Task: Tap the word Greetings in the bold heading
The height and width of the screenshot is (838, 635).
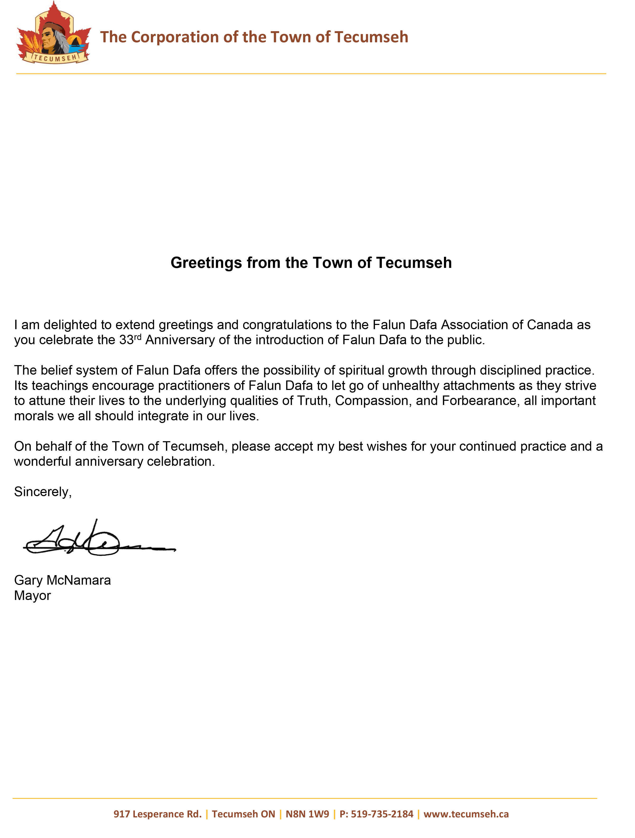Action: pos(206,263)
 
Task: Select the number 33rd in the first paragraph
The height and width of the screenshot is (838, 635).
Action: pos(130,339)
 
